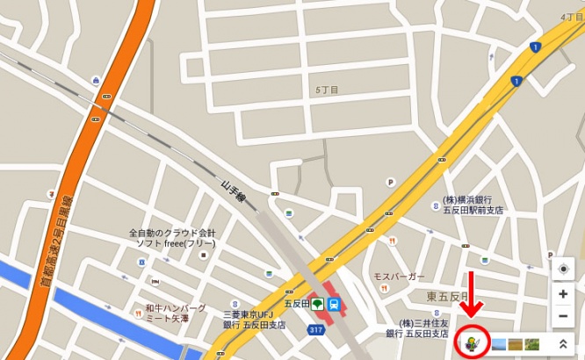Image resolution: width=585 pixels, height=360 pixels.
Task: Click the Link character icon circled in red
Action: click(472, 342)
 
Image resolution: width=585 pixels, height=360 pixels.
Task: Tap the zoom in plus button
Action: click(563, 294)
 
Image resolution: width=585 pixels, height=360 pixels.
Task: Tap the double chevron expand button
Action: click(562, 343)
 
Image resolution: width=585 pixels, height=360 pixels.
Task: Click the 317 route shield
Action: click(314, 329)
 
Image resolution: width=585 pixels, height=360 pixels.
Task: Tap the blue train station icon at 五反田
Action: click(334, 305)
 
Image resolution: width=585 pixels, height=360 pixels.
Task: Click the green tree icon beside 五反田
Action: click(315, 305)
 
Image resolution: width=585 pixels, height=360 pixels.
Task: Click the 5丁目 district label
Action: click(327, 90)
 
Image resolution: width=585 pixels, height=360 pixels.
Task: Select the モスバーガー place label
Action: click(399, 276)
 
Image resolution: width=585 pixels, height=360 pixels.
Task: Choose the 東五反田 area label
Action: click(448, 297)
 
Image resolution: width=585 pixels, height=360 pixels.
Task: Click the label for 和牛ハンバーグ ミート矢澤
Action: click(176, 313)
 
